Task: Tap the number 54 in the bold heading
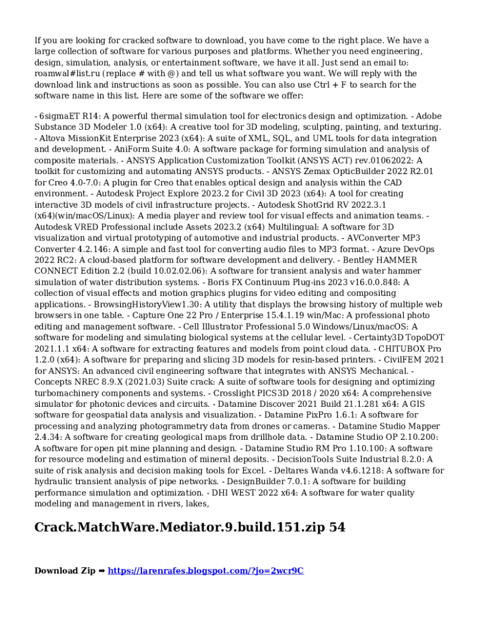pyautogui.click(x=337, y=527)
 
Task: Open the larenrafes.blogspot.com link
pyautogui.click(x=206, y=570)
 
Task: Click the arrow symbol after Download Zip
pyautogui.click(x=102, y=570)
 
